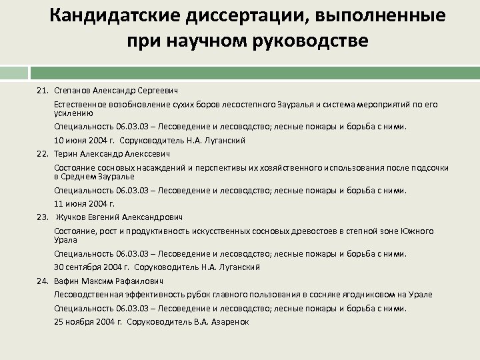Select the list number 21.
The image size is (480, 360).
point(43,89)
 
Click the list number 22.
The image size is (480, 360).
point(43,153)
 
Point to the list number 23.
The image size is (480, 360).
point(43,217)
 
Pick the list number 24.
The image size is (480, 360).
point(43,281)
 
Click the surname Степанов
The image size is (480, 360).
point(73,89)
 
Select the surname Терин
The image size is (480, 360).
point(67,153)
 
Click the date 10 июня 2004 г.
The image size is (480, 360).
point(85,140)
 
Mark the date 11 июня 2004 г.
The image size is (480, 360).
point(85,204)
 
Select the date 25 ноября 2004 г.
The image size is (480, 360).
point(88,321)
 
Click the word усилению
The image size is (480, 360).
point(71,113)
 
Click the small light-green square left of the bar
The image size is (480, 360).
point(13,73)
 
